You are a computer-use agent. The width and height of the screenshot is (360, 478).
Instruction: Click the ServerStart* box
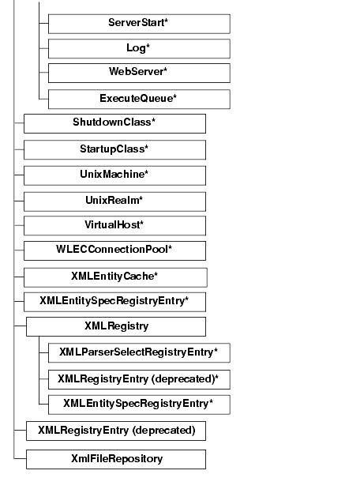click(139, 23)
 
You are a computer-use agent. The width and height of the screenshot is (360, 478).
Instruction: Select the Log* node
click(139, 48)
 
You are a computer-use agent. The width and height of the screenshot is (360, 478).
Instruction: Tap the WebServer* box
click(139, 73)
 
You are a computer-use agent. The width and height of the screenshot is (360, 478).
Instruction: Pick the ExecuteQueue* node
click(139, 99)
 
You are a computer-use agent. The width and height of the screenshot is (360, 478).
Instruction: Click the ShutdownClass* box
click(114, 123)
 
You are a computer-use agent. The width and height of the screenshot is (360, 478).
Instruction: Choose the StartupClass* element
click(114, 149)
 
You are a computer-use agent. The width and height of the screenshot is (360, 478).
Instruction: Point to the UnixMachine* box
click(114, 175)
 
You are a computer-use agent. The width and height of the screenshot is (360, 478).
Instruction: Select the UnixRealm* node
click(114, 200)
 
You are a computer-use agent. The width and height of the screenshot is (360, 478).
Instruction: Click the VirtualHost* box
click(114, 225)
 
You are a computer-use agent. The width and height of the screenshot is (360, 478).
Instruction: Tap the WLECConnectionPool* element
click(114, 250)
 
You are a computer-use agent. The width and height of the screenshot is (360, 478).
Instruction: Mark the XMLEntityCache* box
click(114, 277)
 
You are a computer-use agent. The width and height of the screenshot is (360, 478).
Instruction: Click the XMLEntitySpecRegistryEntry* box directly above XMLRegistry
click(114, 302)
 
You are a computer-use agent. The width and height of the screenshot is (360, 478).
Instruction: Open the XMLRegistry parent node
click(116, 326)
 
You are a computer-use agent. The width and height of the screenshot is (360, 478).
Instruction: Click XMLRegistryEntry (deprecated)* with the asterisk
click(139, 378)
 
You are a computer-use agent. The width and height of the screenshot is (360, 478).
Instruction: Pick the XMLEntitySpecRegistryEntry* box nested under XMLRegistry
click(139, 405)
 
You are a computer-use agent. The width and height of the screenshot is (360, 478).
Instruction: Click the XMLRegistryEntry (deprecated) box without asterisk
click(116, 431)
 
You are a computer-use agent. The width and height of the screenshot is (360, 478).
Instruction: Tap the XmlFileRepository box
click(116, 459)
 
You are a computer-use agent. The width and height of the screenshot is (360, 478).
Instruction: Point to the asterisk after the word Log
click(148, 47)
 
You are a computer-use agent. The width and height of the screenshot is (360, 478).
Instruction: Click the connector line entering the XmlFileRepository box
click(20, 459)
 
